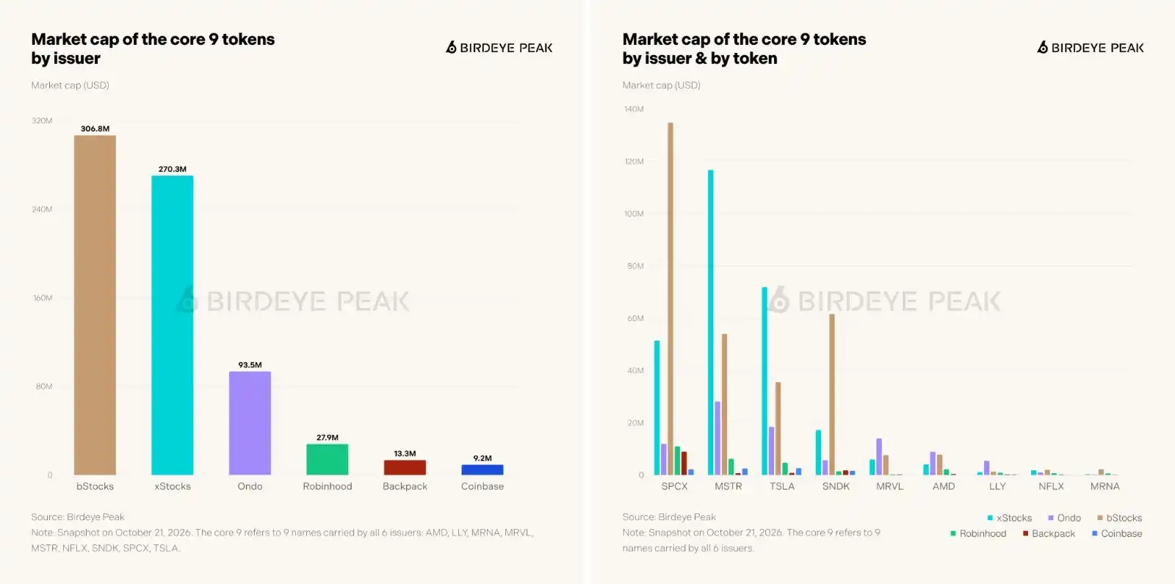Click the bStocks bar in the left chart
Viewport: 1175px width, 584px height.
tap(95, 305)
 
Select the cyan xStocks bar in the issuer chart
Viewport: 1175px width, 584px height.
tap(173, 325)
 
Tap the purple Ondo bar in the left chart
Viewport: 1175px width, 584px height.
tap(250, 423)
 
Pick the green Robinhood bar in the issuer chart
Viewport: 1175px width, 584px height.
tap(328, 460)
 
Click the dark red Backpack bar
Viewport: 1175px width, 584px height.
tap(405, 467)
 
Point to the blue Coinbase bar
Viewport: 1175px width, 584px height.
tap(482, 469)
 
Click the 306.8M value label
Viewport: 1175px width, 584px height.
tap(95, 129)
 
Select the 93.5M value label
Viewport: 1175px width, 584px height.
tap(250, 364)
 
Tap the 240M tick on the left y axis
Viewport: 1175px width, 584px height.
tap(42, 209)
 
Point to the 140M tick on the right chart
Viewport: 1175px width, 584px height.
tap(634, 109)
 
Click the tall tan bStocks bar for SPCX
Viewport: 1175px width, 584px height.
tap(670, 298)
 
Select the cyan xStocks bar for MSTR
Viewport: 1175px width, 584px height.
tap(711, 322)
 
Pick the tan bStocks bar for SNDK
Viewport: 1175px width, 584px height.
tap(832, 394)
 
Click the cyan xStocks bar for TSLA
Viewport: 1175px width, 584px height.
tap(764, 381)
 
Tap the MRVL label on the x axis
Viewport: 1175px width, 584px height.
tap(889, 486)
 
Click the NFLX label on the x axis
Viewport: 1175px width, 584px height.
tap(1051, 486)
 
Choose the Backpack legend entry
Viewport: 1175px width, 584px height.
tap(1049, 533)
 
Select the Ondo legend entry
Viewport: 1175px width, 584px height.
tap(1064, 518)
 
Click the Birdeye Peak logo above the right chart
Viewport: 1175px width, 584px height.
tap(1090, 48)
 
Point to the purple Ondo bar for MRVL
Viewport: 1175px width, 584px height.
tap(879, 456)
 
